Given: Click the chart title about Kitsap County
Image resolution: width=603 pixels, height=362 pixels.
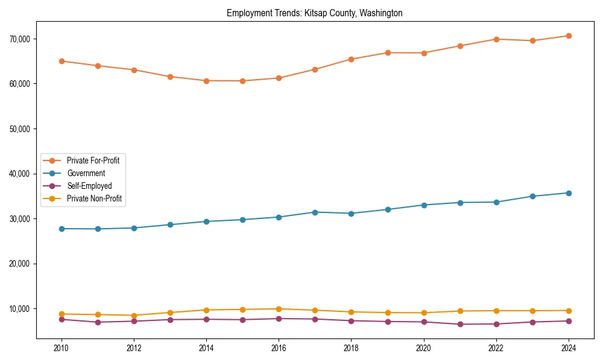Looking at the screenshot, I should pyautogui.click(x=314, y=13).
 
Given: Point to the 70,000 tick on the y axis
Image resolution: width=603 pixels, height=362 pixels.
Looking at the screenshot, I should pyautogui.click(x=21, y=39).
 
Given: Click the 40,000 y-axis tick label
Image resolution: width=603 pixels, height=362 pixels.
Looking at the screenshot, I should pyautogui.click(x=21, y=174).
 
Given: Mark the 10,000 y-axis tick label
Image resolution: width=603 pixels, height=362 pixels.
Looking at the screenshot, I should pyautogui.click(x=21, y=309).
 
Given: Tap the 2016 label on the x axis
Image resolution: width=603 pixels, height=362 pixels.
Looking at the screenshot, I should pyautogui.click(x=279, y=348).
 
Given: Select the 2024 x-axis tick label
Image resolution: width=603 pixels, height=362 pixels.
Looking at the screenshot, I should pyautogui.click(x=569, y=348).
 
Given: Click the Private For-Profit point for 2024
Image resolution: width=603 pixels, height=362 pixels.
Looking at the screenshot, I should pyautogui.click(x=569, y=36).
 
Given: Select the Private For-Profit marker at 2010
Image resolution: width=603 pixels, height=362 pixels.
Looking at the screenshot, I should pyautogui.click(x=62, y=61).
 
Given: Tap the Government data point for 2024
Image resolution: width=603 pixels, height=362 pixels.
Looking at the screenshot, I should pyautogui.click(x=569, y=193).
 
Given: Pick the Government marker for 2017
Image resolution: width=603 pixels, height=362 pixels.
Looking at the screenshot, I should pyautogui.click(x=315, y=212).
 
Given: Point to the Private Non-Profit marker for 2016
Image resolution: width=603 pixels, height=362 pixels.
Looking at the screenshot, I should pyautogui.click(x=279, y=309).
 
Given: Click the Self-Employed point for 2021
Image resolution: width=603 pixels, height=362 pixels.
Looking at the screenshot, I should pyautogui.click(x=460, y=324).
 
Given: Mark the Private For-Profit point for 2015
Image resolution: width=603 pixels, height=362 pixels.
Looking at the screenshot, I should pyautogui.click(x=242, y=81).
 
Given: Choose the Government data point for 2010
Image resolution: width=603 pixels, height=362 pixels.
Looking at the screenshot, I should pyautogui.click(x=62, y=229).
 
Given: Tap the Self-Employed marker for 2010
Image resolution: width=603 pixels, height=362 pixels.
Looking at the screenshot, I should pyautogui.click(x=62, y=319).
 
